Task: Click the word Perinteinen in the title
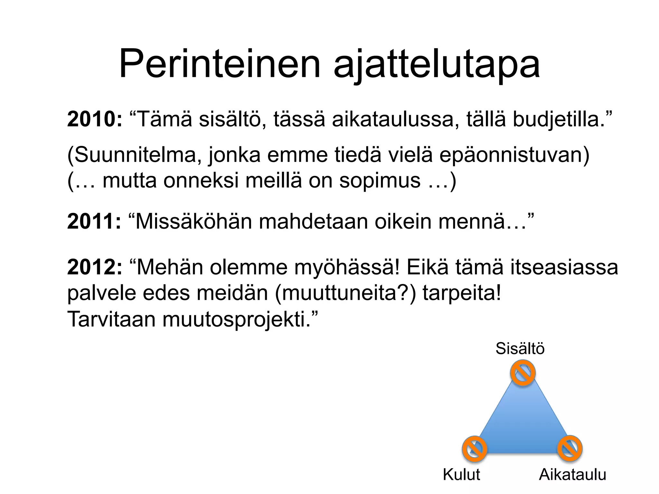(x=220, y=64)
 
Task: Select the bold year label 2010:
(x=95, y=119)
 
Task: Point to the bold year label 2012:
(x=95, y=267)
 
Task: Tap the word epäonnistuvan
(x=514, y=155)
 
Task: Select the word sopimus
(x=380, y=180)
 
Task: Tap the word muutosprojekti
(x=237, y=320)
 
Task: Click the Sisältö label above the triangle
(x=520, y=348)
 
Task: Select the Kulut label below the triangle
(x=461, y=474)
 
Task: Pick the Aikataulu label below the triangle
(x=572, y=474)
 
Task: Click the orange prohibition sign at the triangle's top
(x=523, y=373)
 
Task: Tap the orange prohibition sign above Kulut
(x=474, y=449)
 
